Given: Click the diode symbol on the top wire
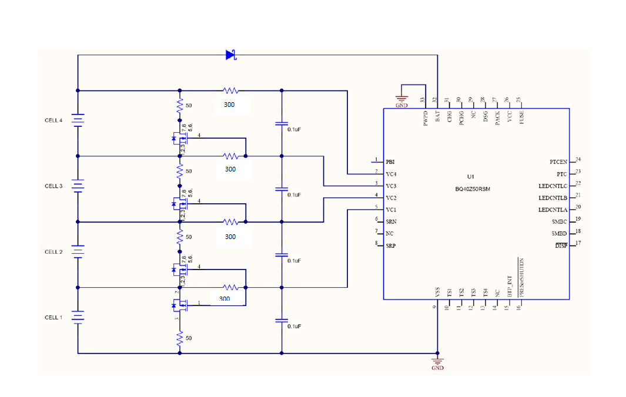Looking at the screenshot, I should pyautogui.click(x=230, y=55).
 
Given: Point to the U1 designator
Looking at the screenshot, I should pyautogui.click(x=470, y=177).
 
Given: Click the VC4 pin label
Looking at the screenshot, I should pyautogui.click(x=391, y=174).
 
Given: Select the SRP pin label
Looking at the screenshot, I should pyautogui.click(x=390, y=245).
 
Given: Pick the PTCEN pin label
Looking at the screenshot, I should pyautogui.click(x=558, y=162).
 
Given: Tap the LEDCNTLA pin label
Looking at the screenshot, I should pyautogui.click(x=553, y=210).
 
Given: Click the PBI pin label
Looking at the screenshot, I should pyautogui.click(x=390, y=162).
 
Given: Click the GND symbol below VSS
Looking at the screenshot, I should pyautogui.click(x=437, y=362).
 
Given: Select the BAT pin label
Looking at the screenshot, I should pyautogui.click(x=438, y=117).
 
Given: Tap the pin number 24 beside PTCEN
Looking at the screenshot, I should pyautogui.click(x=578, y=159).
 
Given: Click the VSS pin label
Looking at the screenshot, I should pyautogui.click(x=437, y=292).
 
